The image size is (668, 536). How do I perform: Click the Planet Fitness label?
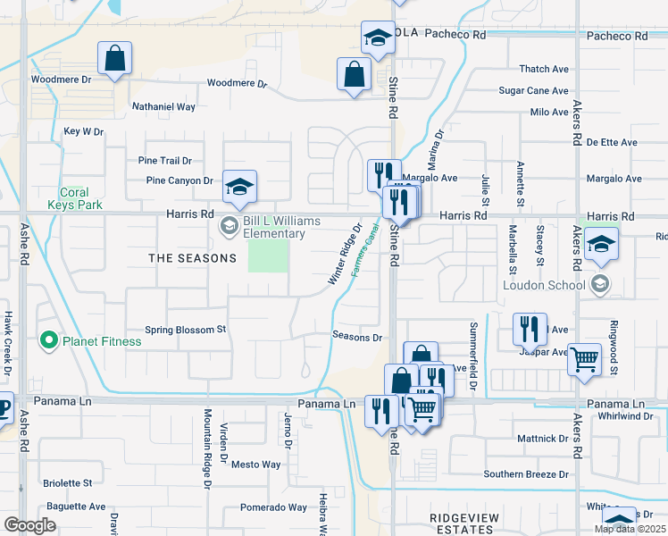tap(102, 341)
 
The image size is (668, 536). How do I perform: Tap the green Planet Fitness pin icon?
tap(48, 340)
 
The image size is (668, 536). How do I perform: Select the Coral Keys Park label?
tap(74, 198)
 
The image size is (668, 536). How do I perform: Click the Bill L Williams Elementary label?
tap(275, 227)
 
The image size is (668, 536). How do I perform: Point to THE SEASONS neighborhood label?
tap(192, 258)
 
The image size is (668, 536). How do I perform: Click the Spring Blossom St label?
tap(186, 330)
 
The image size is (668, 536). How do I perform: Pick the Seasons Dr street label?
tap(357, 337)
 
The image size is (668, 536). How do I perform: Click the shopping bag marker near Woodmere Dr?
tap(115, 60)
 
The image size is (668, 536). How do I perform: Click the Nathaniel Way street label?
tap(163, 106)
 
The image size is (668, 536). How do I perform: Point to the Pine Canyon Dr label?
tap(180, 180)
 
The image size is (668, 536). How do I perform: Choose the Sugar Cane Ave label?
tap(533, 91)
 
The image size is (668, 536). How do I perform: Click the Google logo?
tap(29, 525)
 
